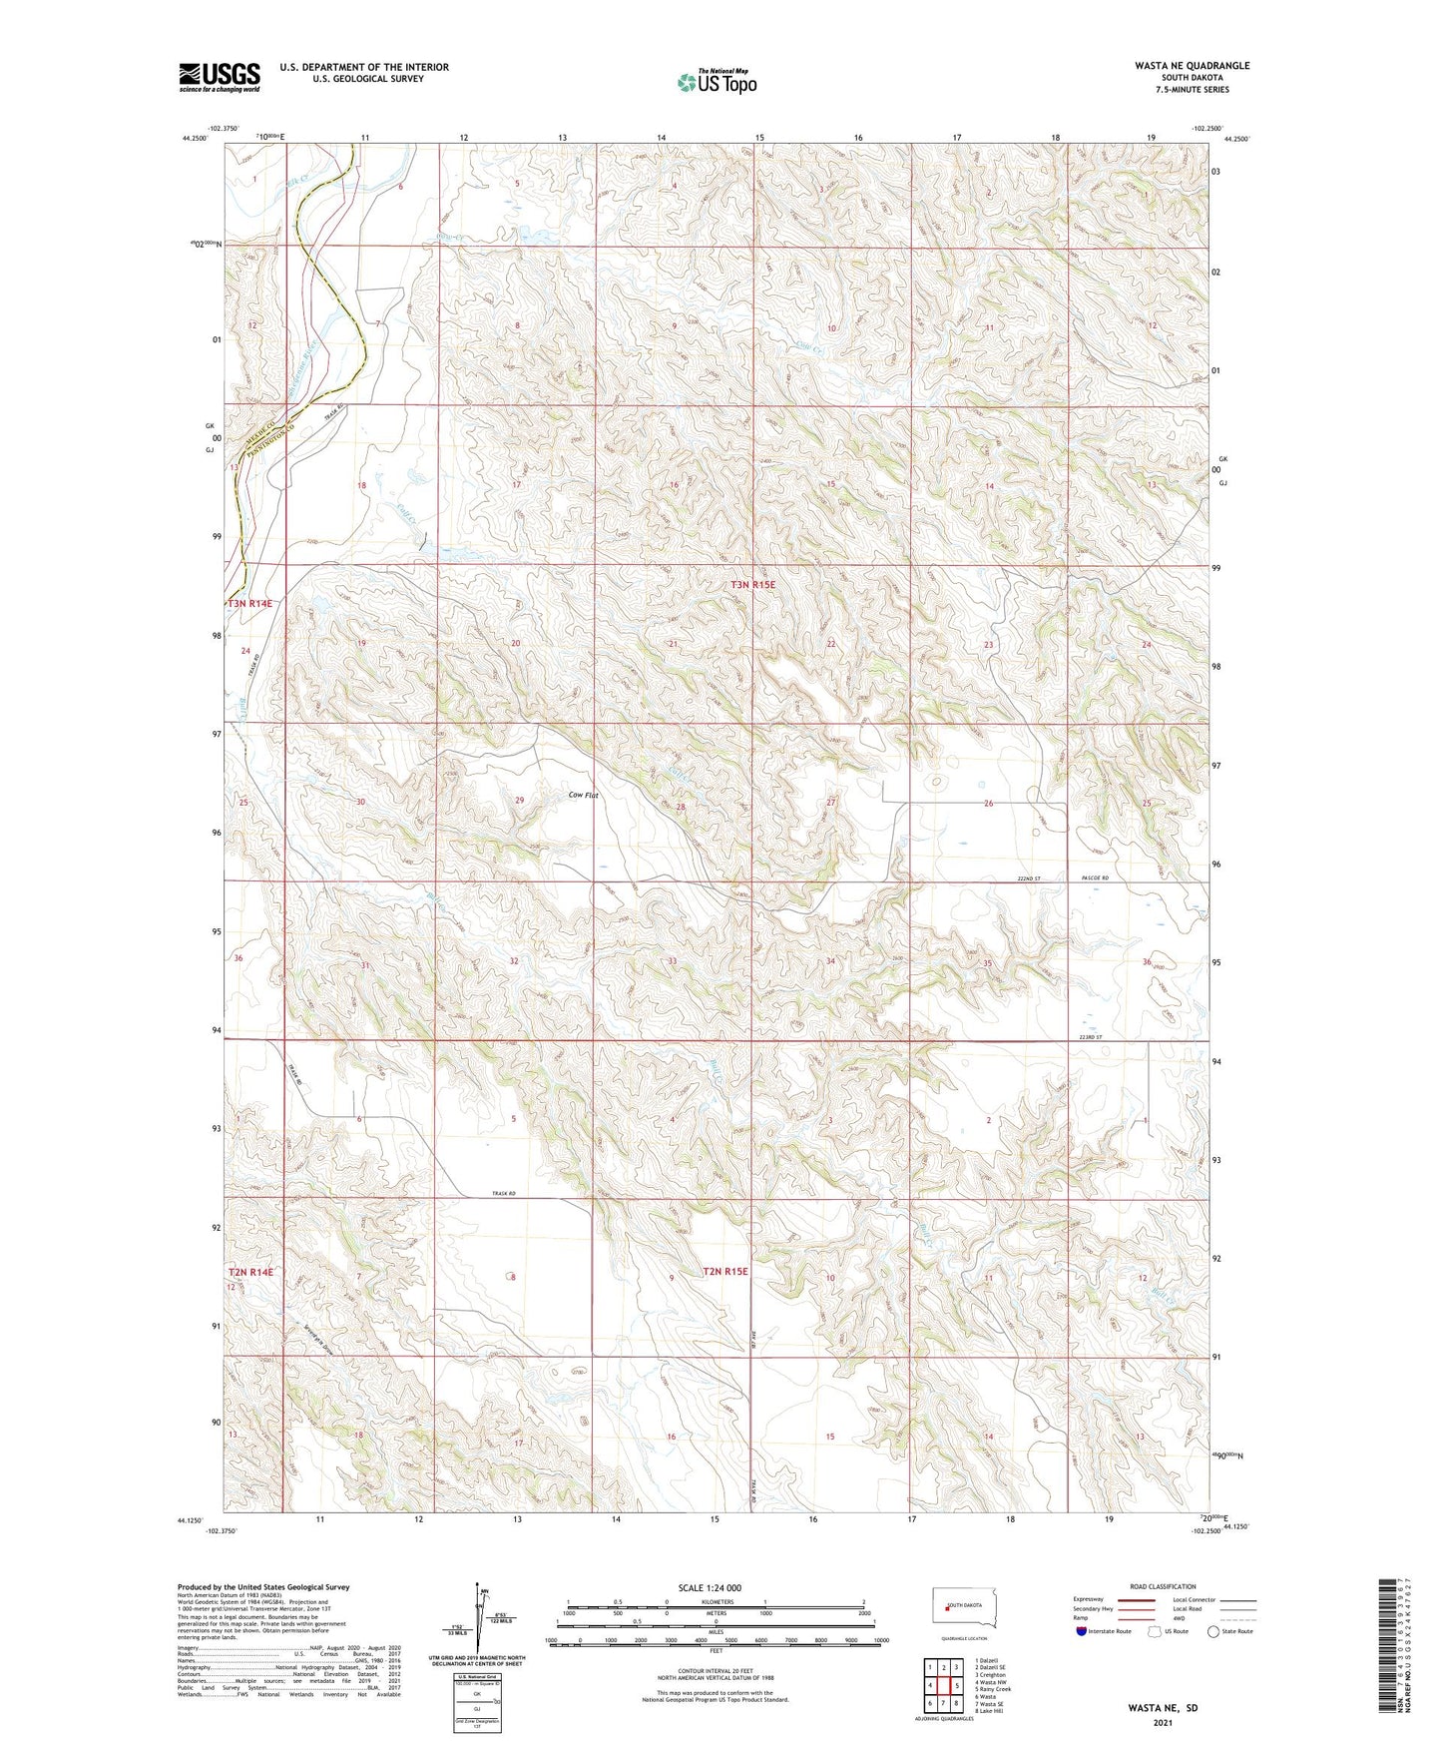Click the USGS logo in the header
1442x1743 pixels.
[219, 77]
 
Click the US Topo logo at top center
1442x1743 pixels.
[717, 82]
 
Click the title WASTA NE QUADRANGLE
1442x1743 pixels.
[1191, 65]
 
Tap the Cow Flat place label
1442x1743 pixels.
[583, 795]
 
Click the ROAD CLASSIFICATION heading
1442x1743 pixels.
[1164, 1586]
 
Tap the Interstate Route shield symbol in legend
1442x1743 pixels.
[1083, 1631]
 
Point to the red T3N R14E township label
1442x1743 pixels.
[249, 603]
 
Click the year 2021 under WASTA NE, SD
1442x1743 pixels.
[1163, 1722]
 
